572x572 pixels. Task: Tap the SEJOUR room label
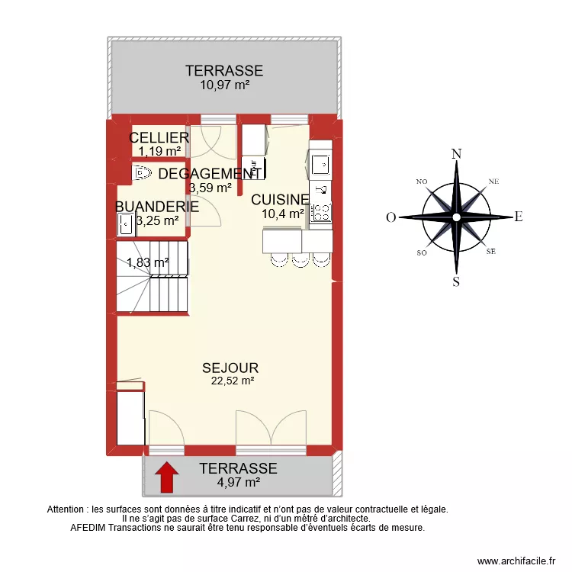(230, 368)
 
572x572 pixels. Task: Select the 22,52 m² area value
(233, 382)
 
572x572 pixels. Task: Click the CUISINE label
(280, 200)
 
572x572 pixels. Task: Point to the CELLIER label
(159, 137)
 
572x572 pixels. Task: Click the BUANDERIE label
(157, 206)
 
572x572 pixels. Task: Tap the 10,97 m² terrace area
(225, 85)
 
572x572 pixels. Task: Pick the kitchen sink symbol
(320, 162)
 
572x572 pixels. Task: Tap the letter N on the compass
(456, 153)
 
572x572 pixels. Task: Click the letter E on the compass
(518, 217)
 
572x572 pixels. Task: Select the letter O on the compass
(390, 217)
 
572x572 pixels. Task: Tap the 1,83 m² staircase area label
(147, 262)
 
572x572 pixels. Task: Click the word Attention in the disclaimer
(68, 509)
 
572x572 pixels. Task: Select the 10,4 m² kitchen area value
(283, 214)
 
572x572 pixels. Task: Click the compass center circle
(456, 217)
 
